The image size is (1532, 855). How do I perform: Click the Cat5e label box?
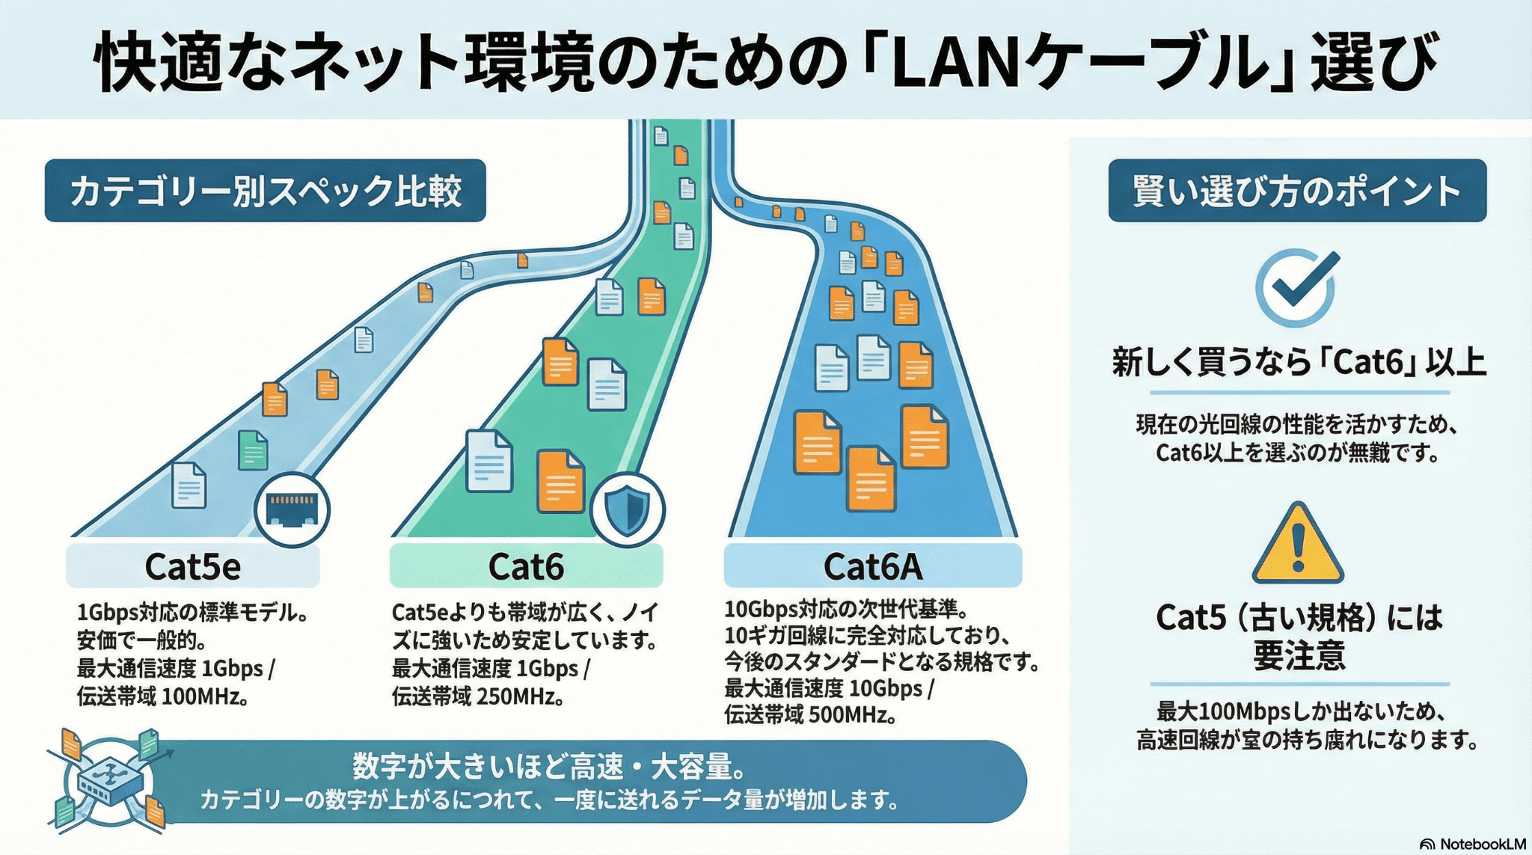pyautogui.click(x=193, y=566)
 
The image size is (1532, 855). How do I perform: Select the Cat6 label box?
pyautogui.click(x=526, y=566)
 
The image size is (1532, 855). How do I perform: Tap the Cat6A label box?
pyautogui.click(x=872, y=566)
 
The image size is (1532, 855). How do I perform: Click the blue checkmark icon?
pyautogui.click(x=1296, y=288)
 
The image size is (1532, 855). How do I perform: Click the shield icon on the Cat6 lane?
pyautogui.click(x=627, y=509)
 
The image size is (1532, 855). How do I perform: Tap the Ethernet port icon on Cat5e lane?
pyautogui.click(x=292, y=509)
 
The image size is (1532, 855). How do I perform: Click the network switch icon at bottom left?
pyautogui.click(x=111, y=780)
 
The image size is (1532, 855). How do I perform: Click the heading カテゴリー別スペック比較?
pyautogui.click(x=265, y=191)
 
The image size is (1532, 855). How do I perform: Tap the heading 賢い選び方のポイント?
pyautogui.click(x=1296, y=191)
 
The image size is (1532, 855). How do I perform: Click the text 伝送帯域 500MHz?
pyautogui.click(x=809, y=715)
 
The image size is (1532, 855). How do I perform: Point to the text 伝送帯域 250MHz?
pyautogui.click(x=477, y=696)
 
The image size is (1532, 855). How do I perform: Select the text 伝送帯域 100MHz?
pyautogui.click(x=162, y=696)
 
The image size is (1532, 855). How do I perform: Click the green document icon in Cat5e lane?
pyautogui.click(x=253, y=450)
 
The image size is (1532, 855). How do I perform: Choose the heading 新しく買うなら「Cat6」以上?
pyautogui.click(x=1298, y=363)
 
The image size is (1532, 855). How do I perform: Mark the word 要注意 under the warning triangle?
pyautogui.click(x=1298, y=655)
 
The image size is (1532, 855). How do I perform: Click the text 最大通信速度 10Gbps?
pyautogui.click(x=823, y=688)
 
